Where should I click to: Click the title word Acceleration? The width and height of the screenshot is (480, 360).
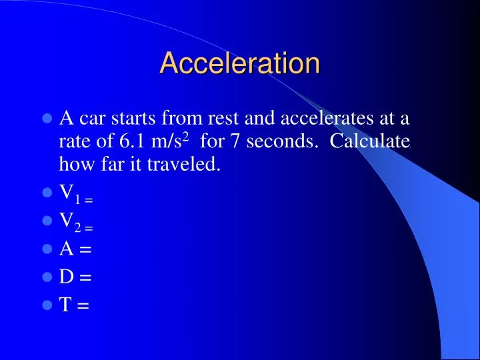click(240, 63)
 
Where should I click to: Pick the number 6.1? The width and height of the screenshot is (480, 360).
click(133, 142)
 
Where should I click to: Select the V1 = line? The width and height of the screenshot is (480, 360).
click(75, 194)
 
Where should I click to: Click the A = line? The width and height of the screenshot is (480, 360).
click(75, 249)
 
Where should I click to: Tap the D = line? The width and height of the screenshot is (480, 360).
click(75, 277)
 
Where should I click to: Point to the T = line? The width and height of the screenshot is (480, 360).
click(74, 305)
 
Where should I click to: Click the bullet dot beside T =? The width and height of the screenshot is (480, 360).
click(47, 305)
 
